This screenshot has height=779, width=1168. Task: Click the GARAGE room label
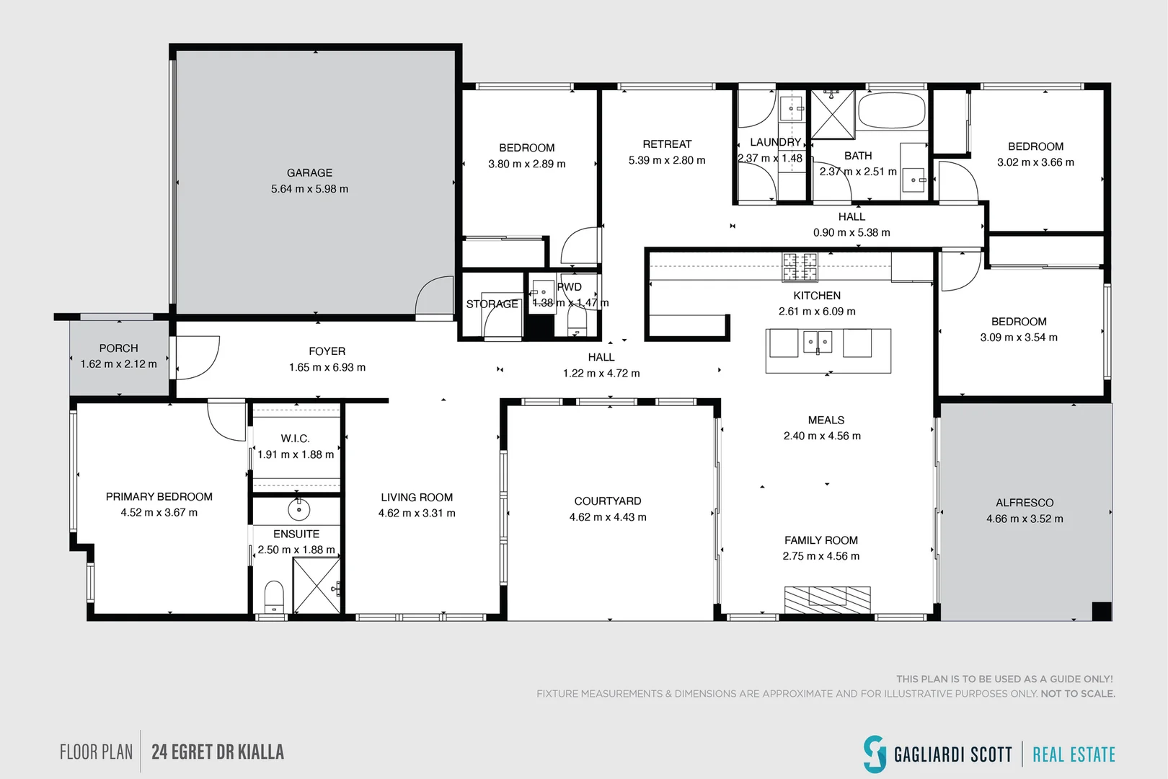pyautogui.click(x=309, y=173)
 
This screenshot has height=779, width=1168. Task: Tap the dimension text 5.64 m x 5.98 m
pyautogui.click(x=309, y=189)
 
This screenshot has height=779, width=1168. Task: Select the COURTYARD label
pyautogui.click(x=607, y=501)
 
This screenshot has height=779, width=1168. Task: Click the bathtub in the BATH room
pyautogui.click(x=891, y=110)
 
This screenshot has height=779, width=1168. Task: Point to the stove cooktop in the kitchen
pyautogui.click(x=800, y=267)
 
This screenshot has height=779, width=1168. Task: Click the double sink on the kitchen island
pyautogui.click(x=818, y=342)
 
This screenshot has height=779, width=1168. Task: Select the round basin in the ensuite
pyautogui.click(x=298, y=509)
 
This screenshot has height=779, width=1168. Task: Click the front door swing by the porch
pyautogui.click(x=196, y=357)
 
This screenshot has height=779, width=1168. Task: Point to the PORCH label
pyautogui.click(x=118, y=348)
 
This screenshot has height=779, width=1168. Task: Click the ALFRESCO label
pyautogui.click(x=1024, y=503)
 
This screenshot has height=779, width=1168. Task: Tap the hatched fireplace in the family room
pyautogui.click(x=827, y=599)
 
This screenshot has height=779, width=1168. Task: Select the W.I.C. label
pyautogui.click(x=295, y=439)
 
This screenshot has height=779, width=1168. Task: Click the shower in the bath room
pyautogui.click(x=832, y=114)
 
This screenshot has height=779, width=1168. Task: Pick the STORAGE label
pyautogui.click(x=492, y=304)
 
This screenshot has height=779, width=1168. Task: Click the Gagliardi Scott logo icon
pyautogui.click(x=875, y=754)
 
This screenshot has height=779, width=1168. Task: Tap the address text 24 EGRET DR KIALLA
pyautogui.click(x=218, y=752)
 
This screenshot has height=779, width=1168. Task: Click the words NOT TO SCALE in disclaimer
pyautogui.click(x=1077, y=694)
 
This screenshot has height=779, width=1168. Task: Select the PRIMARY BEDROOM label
pyautogui.click(x=159, y=497)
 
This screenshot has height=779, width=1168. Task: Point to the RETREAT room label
pyautogui.click(x=667, y=144)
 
